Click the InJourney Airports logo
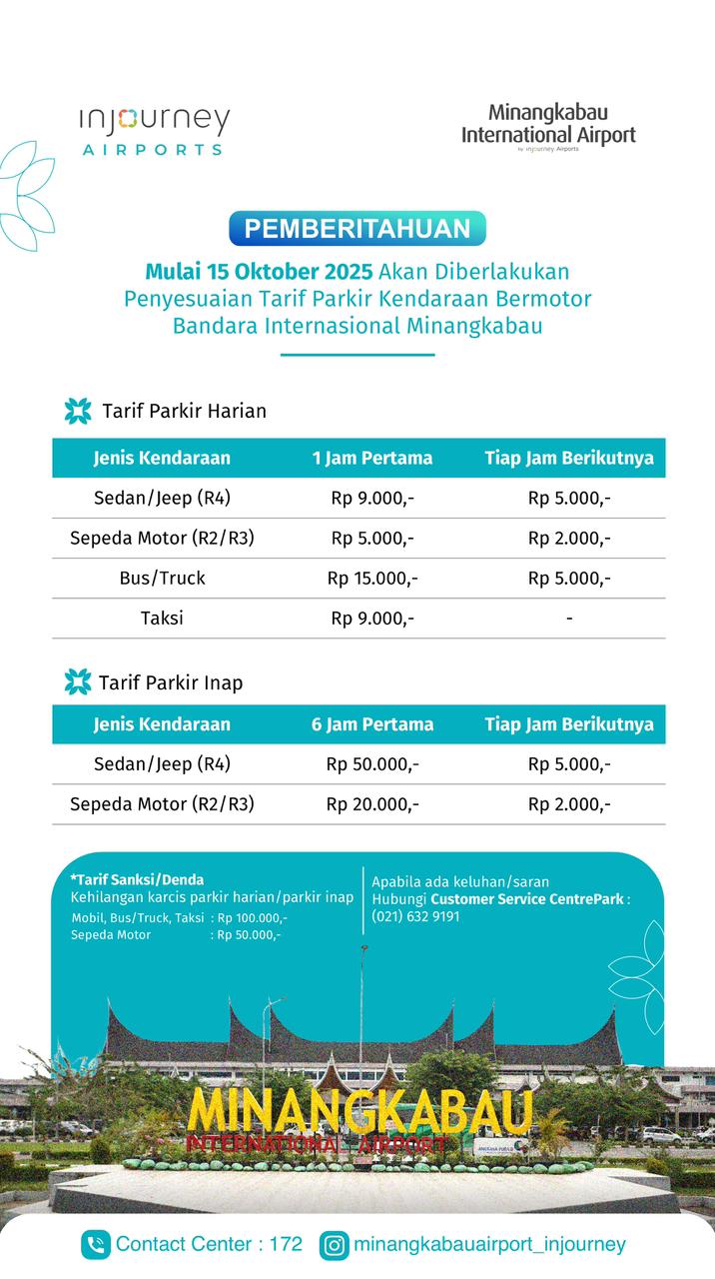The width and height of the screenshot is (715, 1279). click(155, 130)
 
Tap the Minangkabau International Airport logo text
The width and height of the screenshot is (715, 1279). click(548, 126)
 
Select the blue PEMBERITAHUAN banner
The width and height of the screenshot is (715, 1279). click(357, 229)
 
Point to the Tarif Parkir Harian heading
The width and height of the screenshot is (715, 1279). click(184, 411)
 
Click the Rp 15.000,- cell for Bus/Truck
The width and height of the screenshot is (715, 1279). click(372, 578)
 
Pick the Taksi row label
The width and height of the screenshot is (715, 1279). click(162, 618)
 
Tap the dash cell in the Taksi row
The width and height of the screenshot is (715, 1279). click(569, 619)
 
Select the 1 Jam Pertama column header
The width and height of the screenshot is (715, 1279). click(372, 458)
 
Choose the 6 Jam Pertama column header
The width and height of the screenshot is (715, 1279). click(372, 724)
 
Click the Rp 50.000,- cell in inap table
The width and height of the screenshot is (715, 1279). click(372, 764)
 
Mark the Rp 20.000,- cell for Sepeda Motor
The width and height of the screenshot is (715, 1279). click(372, 804)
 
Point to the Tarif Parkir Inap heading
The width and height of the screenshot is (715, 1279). click(171, 682)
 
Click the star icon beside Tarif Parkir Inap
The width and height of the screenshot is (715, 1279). click(78, 681)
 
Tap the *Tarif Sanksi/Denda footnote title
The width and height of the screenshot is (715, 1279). click(137, 880)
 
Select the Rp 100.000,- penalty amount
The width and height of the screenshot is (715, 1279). click(252, 917)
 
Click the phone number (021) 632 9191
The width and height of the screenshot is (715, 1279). click(415, 916)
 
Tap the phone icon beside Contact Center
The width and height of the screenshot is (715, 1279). click(96, 1245)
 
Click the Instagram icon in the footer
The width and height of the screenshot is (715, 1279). click(335, 1245)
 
